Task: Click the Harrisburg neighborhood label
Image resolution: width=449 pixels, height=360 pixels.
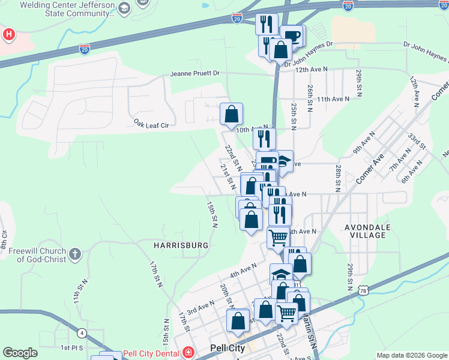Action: [181, 245]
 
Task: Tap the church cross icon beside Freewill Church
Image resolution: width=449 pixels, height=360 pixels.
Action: [74, 254]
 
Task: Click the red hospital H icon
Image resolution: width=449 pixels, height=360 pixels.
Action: [8, 34]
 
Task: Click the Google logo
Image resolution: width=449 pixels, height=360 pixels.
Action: [20, 353]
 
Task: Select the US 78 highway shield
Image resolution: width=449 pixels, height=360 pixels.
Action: [364, 290]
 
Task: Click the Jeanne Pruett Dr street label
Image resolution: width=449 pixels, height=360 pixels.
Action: [195, 74]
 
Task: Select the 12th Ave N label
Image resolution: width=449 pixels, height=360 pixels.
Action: [311, 70]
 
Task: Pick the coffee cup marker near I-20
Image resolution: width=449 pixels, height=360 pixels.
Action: [292, 37]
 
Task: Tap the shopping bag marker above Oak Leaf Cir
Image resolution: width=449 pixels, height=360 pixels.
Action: [231, 114]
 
